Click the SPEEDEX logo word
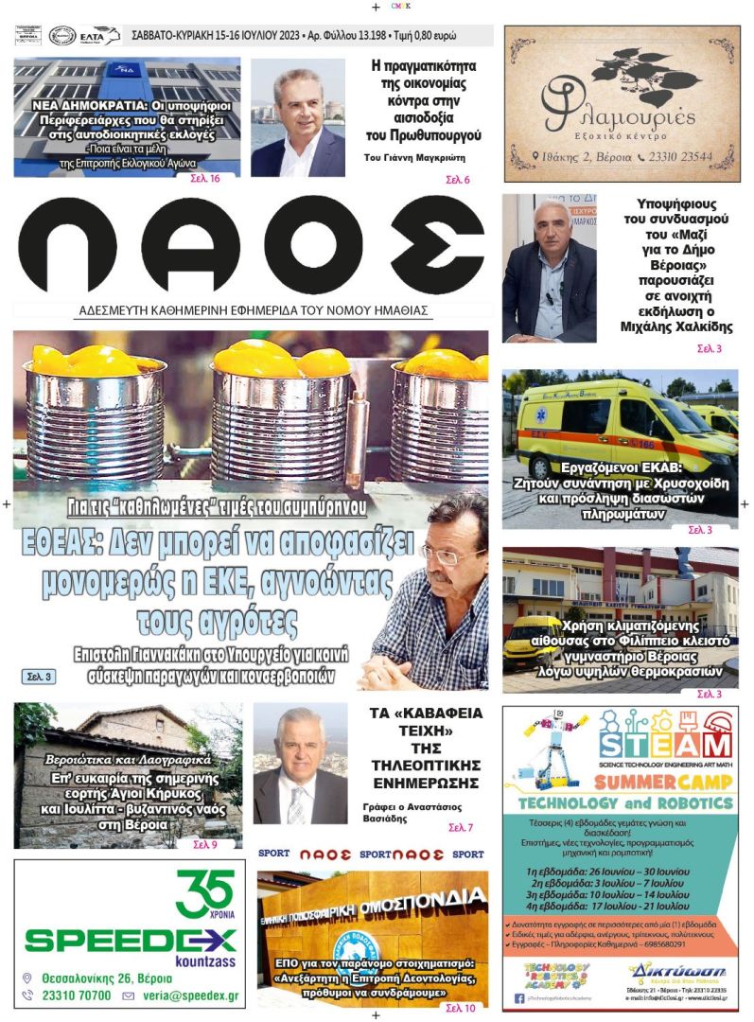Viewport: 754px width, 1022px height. click(x=130, y=939)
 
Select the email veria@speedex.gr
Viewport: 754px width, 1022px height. click(x=189, y=996)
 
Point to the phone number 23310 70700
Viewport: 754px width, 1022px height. click(x=76, y=996)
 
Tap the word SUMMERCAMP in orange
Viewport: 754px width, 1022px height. click(x=663, y=782)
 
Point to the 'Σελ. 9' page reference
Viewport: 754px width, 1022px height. click(x=205, y=844)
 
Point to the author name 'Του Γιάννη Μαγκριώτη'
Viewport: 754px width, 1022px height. click(x=423, y=158)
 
